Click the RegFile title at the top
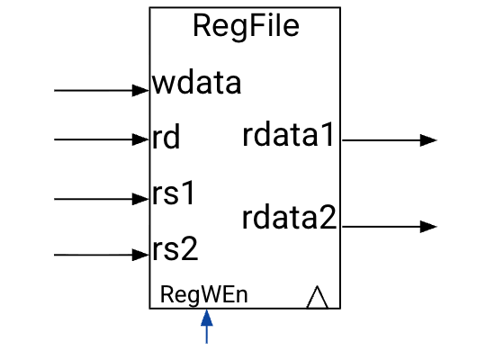coord(245,27)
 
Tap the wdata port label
coord(197,84)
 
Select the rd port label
coord(166,139)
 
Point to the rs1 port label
coord(175,193)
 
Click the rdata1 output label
coord(289,136)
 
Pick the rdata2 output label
coord(289,218)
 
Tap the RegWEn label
coord(203,294)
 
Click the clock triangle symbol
coord(316,297)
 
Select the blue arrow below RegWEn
coord(207,326)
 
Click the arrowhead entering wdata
coord(141,90)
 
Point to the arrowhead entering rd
coord(141,139)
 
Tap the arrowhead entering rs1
coord(141,198)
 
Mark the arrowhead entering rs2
coord(141,256)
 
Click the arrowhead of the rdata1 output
coord(429,140)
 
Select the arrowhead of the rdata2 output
coord(429,227)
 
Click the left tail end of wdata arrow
coord(56,90)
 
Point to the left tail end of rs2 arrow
coord(56,256)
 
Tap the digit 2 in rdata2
coord(327,218)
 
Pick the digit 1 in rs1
coord(188,193)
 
